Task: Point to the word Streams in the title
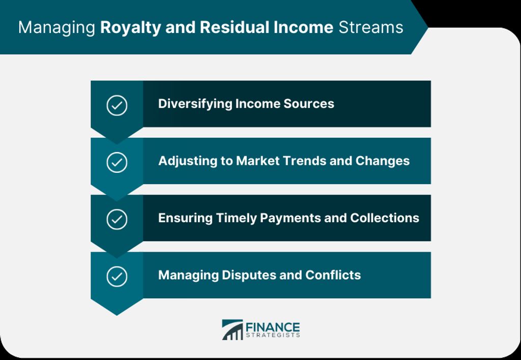(371, 27)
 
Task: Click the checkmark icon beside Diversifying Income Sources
(117, 105)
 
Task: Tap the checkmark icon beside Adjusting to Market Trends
(117, 162)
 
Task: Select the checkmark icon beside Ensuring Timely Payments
(117, 219)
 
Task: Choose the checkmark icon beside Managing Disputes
(117, 276)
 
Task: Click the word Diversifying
(195, 104)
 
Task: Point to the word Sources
(309, 104)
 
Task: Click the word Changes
(383, 161)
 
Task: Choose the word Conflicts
(333, 275)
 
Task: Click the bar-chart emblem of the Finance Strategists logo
(232, 330)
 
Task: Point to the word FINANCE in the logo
(273, 327)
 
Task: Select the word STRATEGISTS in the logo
(273, 336)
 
